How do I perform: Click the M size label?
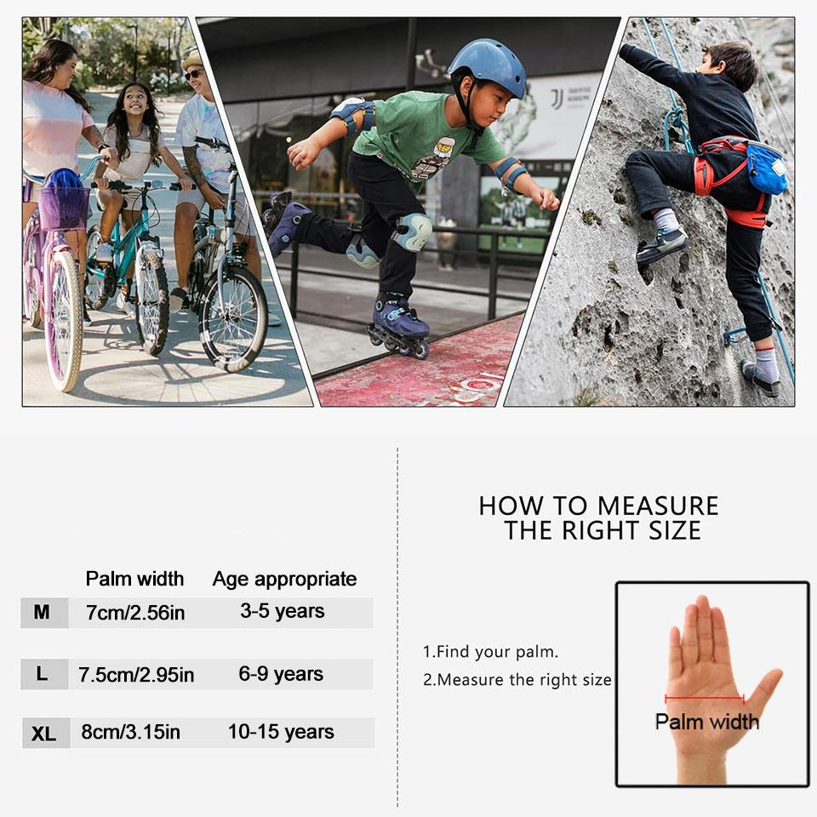tap(43, 612)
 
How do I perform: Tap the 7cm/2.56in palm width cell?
tap(135, 613)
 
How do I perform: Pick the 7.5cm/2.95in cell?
tap(136, 675)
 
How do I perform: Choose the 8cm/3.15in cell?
tap(131, 733)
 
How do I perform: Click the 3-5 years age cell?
tap(282, 612)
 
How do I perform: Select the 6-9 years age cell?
tap(281, 674)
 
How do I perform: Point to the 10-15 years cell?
tap(281, 732)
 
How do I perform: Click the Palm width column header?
tap(134, 579)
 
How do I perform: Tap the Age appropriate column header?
tap(284, 579)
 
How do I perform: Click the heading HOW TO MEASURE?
tap(598, 506)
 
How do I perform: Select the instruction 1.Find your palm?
tap(490, 652)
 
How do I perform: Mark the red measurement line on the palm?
tap(704, 700)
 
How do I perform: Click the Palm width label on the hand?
tap(706, 722)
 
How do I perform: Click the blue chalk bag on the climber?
tap(767, 169)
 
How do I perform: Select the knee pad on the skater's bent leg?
tap(412, 232)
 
